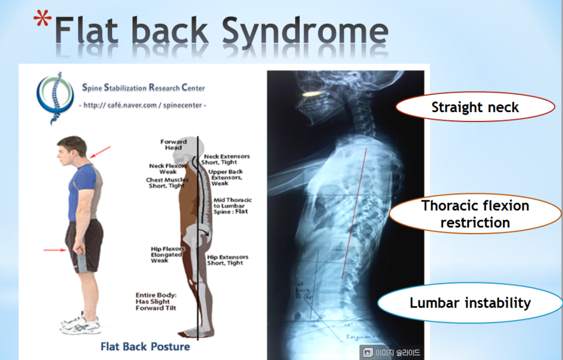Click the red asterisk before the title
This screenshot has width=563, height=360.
[x=42, y=22]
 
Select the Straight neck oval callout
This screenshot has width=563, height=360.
[x=475, y=108]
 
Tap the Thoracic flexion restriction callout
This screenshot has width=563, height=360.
[x=475, y=213]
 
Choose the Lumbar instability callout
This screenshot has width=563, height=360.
[x=470, y=303]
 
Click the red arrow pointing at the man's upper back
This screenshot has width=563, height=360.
[x=100, y=152]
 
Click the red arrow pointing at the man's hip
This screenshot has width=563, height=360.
[x=55, y=250]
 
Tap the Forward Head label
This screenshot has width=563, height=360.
[x=173, y=145]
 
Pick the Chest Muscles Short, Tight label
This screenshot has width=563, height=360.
[x=166, y=183]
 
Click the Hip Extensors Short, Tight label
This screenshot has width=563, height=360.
[x=228, y=260]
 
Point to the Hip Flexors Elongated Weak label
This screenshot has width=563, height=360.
[x=166, y=254]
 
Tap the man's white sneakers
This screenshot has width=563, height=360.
[x=80, y=324]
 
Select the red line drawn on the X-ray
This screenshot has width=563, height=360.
[x=353, y=213]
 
